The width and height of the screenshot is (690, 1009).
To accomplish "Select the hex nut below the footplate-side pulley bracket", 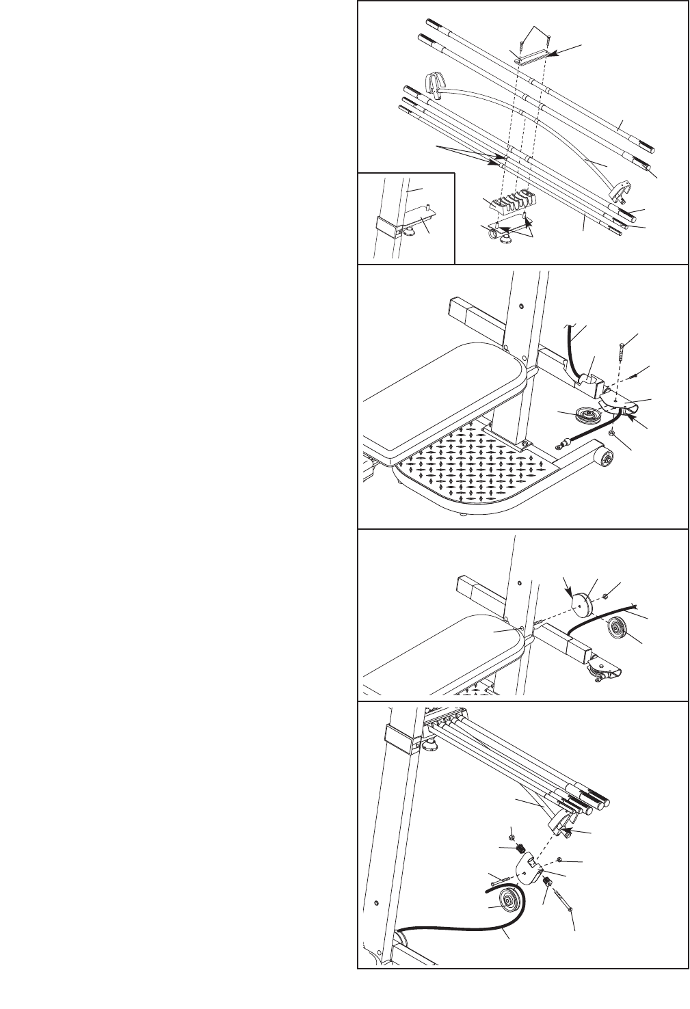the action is click(x=613, y=433).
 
